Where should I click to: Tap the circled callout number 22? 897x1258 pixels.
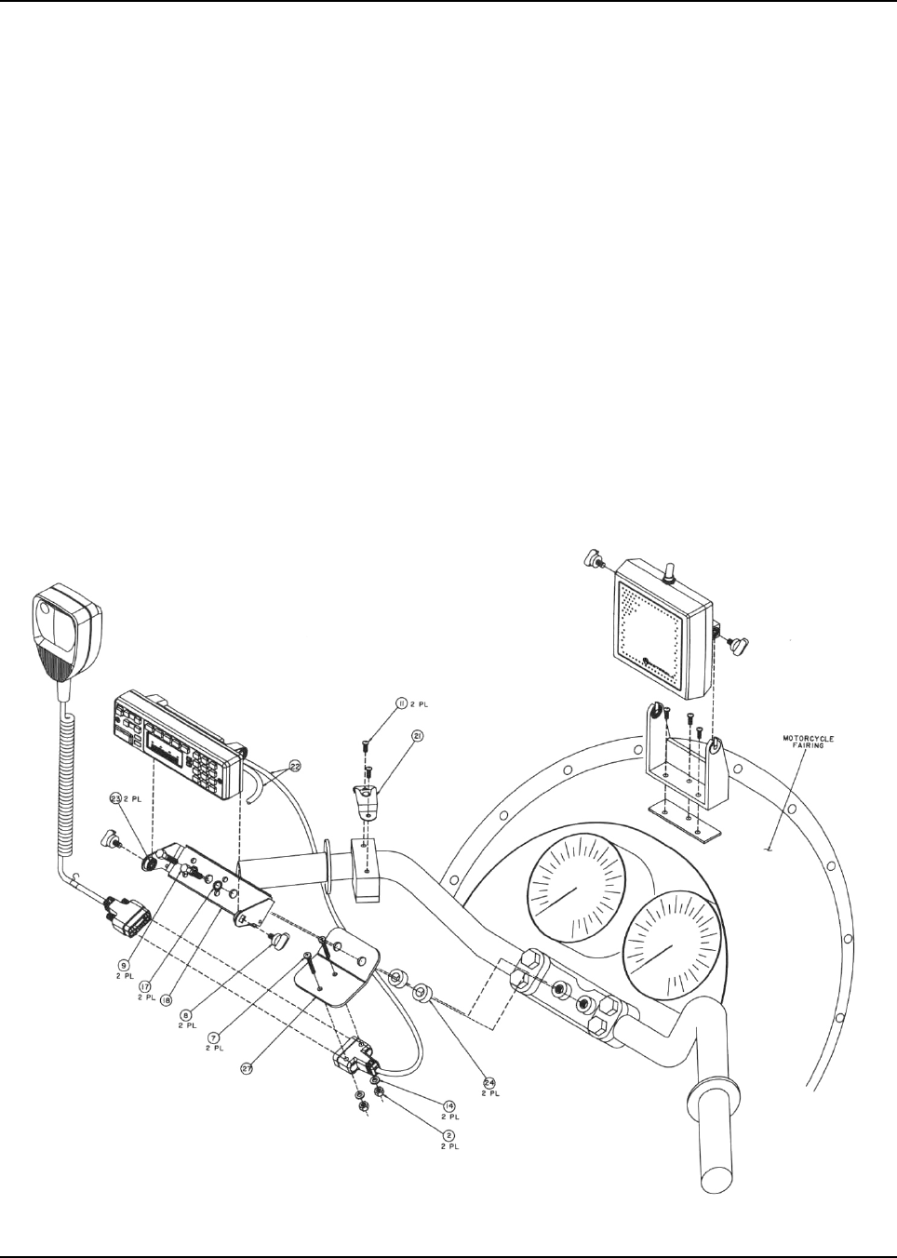pyautogui.click(x=269, y=766)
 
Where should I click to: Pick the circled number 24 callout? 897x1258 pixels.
pyautogui.click(x=489, y=1082)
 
